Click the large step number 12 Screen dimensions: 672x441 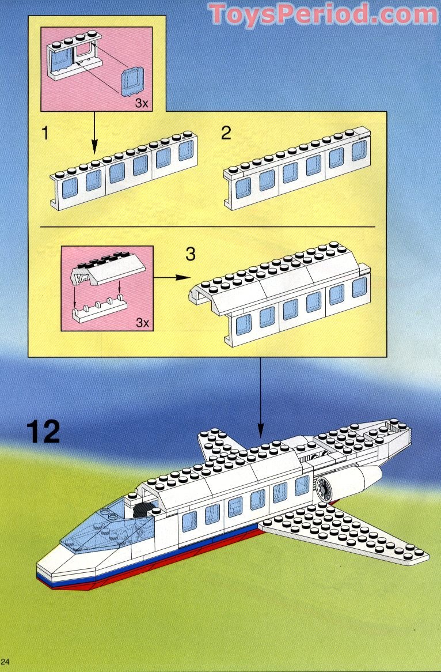(x=43, y=432)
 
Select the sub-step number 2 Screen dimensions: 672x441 (x=226, y=134)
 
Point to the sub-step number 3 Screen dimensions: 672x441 (x=191, y=254)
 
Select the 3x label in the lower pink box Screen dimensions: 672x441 (x=142, y=323)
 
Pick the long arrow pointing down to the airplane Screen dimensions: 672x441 (x=260, y=398)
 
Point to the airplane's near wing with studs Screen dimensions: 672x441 (x=345, y=530)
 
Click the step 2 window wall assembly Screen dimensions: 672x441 (x=296, y=170)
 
